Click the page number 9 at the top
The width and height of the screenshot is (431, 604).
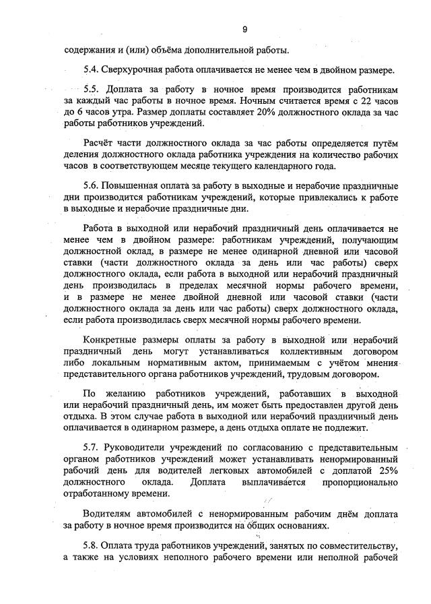click(245, 29)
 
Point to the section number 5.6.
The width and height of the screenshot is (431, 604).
click(92, 185)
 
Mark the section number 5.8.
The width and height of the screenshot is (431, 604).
click(92, 545)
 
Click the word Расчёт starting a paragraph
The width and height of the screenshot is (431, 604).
click(100, 143)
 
